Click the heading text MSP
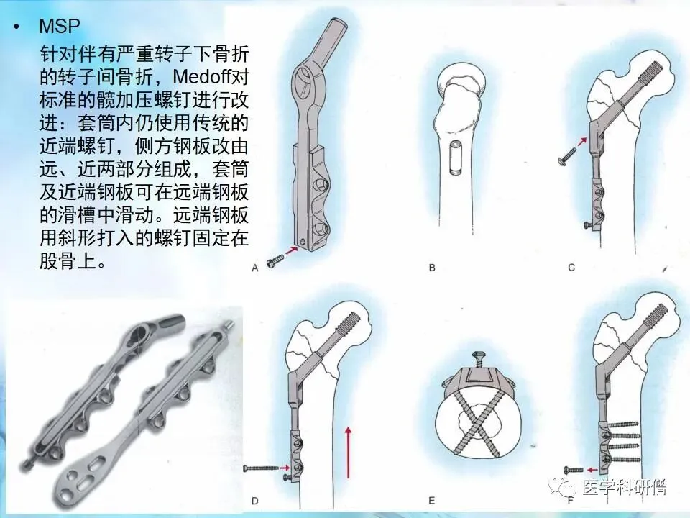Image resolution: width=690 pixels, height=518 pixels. [x=60, y=26]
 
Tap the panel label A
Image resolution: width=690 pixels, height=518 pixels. [x=254, y=268]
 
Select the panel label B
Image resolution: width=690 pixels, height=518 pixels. [x=432, y=268]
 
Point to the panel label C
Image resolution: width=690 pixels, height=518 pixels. [x=571, y=268]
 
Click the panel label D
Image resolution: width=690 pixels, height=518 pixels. [x=254, y=501]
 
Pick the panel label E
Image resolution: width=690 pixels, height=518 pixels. [x=432, y=501]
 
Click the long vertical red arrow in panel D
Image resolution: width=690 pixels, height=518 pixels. [x=348, y=452]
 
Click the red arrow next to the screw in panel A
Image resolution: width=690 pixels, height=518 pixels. [x=291, y=250]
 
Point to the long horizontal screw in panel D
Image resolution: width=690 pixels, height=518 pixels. [x=261, y=468]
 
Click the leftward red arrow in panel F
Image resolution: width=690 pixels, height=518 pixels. [x=592, y=470]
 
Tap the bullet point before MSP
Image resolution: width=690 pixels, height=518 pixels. [x=17, y=27]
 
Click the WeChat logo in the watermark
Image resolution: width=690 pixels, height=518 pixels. [x=562, y=488]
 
